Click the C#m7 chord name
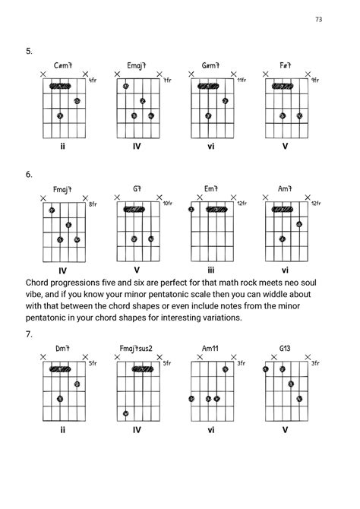(x=63, y=65)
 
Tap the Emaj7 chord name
(x=137, y=65)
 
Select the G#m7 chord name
(x=211, y=65)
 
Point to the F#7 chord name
(x=285, y=65)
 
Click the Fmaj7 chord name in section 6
(x=63, y=189)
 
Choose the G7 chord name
(x=137, y=189)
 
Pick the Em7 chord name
(x=211, y=189)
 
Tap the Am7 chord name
(x=285, y=189)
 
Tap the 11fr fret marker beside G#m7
(x=242, y=80)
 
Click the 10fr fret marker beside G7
(x=167, y=204)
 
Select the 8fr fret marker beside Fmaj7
(x=93, y=204)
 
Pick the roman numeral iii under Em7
(x=211, y=269)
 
